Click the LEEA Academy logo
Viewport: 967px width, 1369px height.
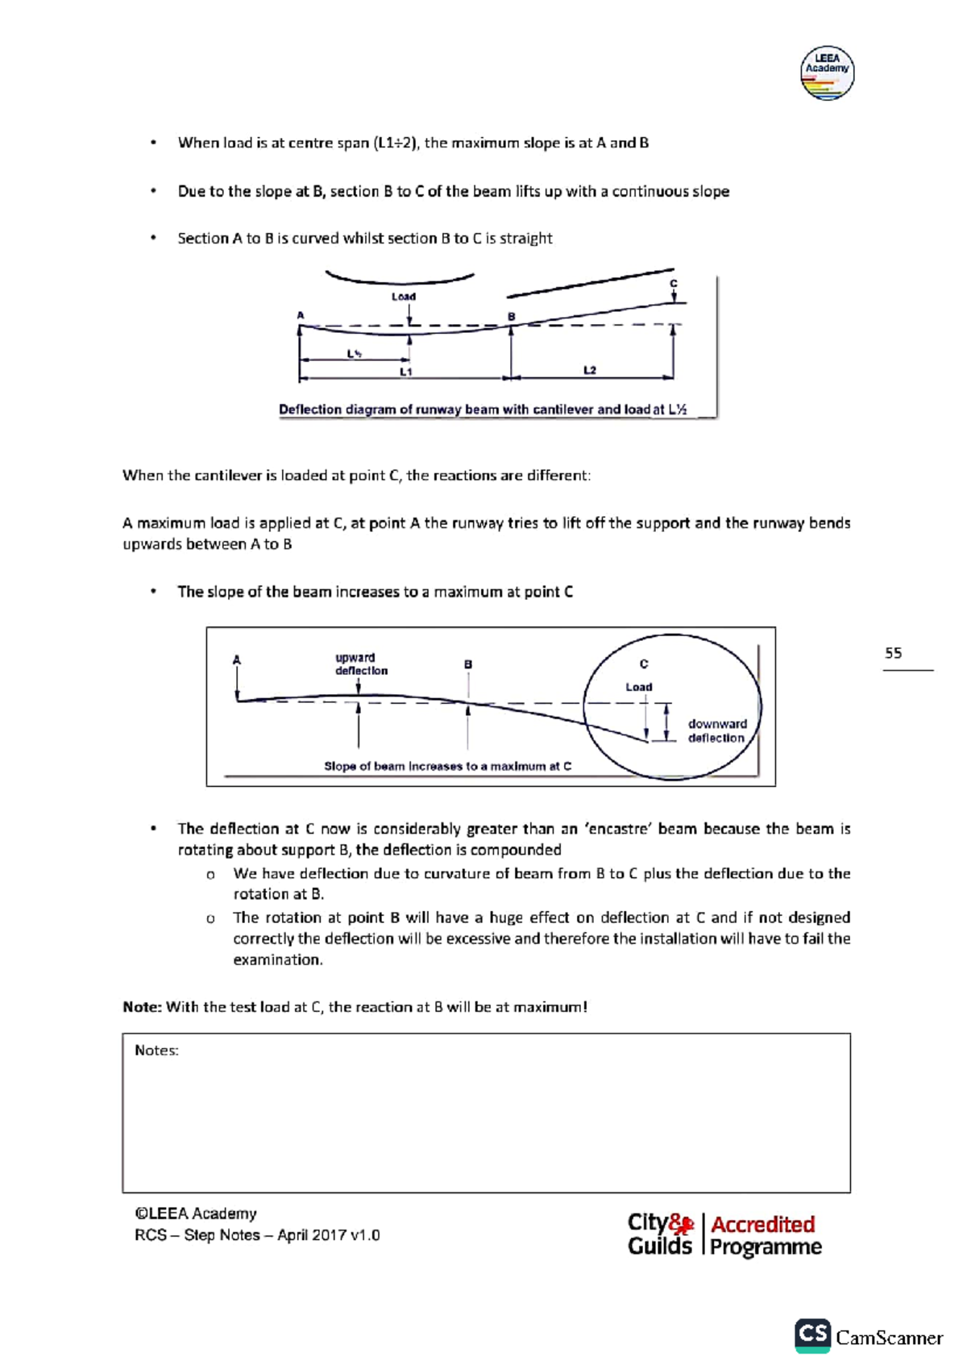pos(827,73)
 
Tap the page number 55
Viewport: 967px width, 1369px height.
pos(893,653)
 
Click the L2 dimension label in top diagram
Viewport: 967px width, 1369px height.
pos(590,370)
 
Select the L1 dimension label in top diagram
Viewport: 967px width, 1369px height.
pos(406,372)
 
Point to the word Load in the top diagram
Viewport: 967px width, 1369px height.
pos(404,297)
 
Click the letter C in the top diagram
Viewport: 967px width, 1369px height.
pos(674,284)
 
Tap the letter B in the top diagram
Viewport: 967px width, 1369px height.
pos(511,317)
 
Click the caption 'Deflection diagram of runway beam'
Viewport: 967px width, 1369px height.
pos(482,410)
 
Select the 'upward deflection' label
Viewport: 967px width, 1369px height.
pos(361,664)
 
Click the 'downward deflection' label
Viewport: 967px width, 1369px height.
pos(717,730)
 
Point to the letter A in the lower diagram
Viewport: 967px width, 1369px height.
pos(237,660)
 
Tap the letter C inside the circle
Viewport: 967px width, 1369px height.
pos(644,664)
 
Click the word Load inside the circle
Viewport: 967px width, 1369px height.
pos(639,687)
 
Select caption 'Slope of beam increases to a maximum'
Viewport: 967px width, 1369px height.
pos(447,766)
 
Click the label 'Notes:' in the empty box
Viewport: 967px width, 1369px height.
pos(156,1051)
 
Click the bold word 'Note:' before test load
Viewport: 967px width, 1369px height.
pos(143,1007)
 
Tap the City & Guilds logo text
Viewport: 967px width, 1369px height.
pos(660,1234)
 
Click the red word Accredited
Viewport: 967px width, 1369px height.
pos(762,1224)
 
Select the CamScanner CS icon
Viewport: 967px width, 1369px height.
pos(812,1335)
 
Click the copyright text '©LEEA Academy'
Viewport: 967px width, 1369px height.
pos(196,1213)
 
